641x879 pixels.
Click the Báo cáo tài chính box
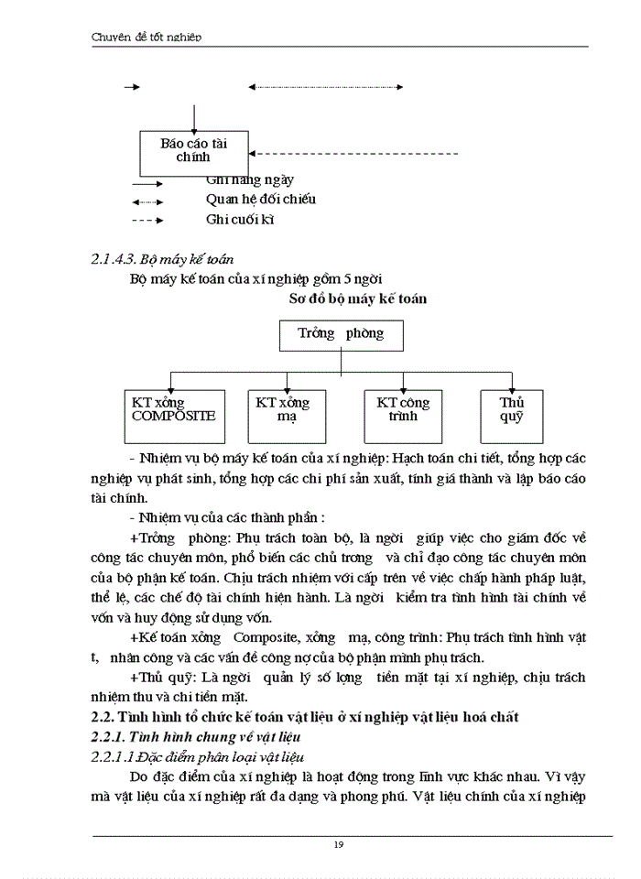(193, 152)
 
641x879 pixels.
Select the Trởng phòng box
(341, 334)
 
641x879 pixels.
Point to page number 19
(339, 844)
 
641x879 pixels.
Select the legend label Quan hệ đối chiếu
(262, 199)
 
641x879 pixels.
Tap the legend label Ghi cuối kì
(241, 220)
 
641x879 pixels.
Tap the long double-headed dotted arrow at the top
(326, 87)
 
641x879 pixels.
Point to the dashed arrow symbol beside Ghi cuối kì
(147, 221)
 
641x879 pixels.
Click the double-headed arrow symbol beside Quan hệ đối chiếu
(147, 201)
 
